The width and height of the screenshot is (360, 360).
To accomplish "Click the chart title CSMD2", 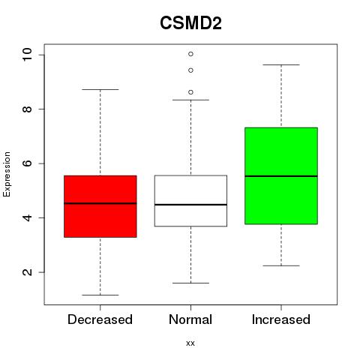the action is click(x=190, y=23).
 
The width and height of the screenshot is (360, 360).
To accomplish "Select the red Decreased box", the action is click(x=100, y=206).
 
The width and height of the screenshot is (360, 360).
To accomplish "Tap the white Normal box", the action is click(x=190, y=201).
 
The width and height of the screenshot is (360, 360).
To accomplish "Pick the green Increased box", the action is click(x=281, y=175).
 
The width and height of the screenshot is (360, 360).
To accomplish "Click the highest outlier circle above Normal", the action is click(x=190, y=54).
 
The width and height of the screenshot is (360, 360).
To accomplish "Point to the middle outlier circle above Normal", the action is click(x=190, y=70).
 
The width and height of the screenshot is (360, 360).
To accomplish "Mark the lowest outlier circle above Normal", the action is click(x=190, y=92).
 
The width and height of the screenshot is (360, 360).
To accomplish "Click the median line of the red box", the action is click(x=100, y=203).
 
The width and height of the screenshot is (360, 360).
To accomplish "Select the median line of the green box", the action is click(x=281, y=176).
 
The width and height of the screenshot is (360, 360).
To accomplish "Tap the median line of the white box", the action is click(x=190, y=205).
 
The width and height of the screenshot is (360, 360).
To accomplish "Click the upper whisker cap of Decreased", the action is click(x=100, y=89).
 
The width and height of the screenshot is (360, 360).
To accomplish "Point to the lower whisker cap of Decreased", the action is click(x=100, y=295).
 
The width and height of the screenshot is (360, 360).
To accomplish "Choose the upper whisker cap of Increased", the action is click(x=281, y=64).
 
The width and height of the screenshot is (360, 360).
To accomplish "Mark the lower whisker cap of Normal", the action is click(x=190, y=283).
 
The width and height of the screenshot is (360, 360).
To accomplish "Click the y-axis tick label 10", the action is click(x=27, y=55).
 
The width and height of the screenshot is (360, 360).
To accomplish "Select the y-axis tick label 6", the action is click(x=27, y=163).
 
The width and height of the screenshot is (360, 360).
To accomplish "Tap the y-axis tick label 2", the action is click(x=27, y=272).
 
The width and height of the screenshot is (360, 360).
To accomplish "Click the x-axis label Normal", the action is click(x=190, y=319).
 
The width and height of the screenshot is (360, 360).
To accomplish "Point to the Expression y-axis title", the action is click(x=7, y=174).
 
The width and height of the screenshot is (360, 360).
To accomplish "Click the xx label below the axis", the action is click(x=190, y=343).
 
